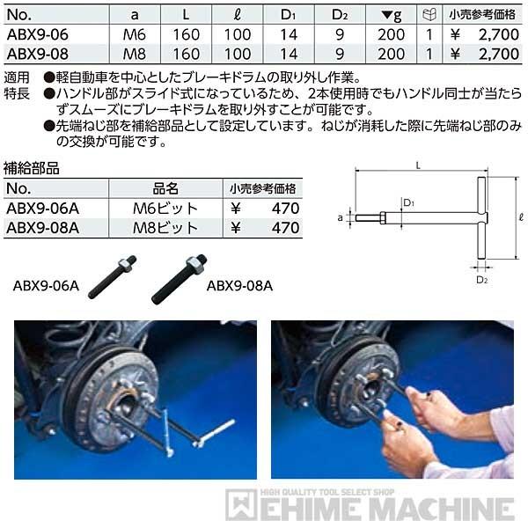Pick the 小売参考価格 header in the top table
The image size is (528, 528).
tap(482, 15)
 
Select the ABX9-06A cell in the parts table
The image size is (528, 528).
tap(41, 209)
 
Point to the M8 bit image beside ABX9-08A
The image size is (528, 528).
tap(178, 277)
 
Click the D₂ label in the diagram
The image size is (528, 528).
tap(481, 279)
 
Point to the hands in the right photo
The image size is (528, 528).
tap(422, 422)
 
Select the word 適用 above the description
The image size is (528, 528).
tap(19, 77)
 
